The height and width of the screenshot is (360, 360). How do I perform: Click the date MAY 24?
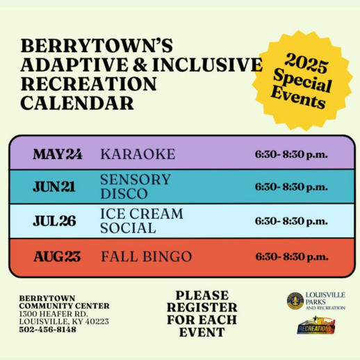pos(57,154)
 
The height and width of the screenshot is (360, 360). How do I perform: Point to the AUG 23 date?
pos(57,256)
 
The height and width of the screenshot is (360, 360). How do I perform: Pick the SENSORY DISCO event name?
pos(135,186)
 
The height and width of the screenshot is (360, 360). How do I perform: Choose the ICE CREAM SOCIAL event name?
pos(142,220)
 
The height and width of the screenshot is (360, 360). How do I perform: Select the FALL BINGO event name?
pos(146,256)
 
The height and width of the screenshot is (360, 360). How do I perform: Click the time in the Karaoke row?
pos(291,154)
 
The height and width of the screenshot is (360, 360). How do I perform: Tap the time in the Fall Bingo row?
pos(291,256)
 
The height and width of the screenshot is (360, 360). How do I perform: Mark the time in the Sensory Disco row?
pos(291,186)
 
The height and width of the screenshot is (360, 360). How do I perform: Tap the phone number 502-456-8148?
pos(48,329)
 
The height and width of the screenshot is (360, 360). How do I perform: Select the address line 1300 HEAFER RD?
pos(53,313)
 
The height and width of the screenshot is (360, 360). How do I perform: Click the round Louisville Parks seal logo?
pos(295,300)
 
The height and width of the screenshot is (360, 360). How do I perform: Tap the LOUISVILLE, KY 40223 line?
pos(64,321)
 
